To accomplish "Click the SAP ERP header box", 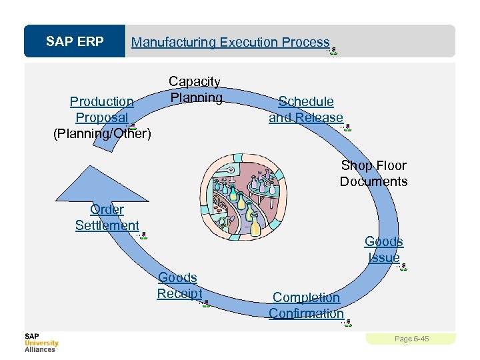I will point(75,42).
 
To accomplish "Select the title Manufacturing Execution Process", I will point(230,42).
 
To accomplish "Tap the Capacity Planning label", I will point(195,90).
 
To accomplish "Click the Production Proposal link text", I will point(102,109).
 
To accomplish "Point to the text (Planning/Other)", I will point(102,134).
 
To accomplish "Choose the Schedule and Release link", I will point(306,109).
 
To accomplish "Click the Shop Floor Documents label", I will point(373,173).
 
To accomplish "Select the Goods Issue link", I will point(384,249).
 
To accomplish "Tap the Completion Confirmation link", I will point(306,305).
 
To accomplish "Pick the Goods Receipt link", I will point(178,285).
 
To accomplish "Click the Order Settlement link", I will point(107,217).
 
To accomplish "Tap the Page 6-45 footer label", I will point(411,339).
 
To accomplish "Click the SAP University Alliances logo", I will point(41,342).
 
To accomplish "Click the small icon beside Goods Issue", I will point(403,266).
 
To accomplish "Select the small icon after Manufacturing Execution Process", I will point(333,51).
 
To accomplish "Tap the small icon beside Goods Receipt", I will point(206,303).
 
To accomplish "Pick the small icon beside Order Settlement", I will point(143,235).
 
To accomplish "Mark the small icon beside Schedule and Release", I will point(347,127).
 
